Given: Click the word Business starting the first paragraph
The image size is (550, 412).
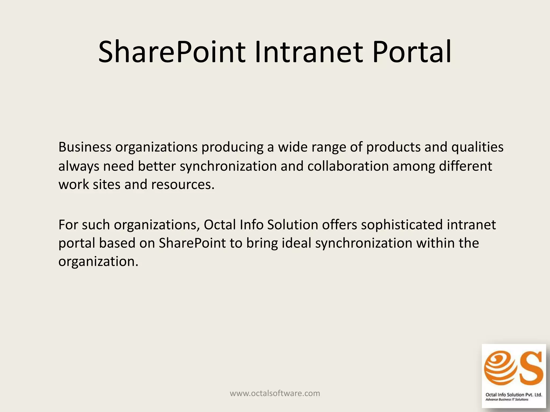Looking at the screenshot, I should click(x=85, y=147).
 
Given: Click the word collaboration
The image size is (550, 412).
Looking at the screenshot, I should click(x=348, y=166).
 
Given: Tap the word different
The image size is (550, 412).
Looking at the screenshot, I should click(x=465, y=166).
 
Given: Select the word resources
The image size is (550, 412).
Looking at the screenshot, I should click(x=183, y=185).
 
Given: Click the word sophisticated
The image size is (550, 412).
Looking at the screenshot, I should click(x=402, y=225).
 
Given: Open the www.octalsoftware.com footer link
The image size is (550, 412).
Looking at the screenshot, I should click(x=275, y=393).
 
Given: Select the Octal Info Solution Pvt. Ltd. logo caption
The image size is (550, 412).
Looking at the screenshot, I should click(x=514, y=395).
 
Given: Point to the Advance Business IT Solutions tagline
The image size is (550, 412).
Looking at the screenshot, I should click(x=507, y=400).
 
